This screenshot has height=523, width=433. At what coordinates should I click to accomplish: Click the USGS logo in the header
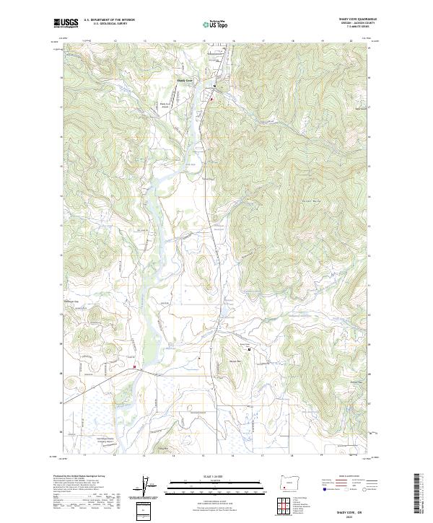(66, 23)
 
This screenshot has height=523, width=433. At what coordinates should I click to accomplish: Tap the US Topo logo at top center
(216, 23)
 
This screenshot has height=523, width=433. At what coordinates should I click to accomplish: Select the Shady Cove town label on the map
(185, 80)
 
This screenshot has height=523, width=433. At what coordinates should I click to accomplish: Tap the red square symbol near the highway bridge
(134, 366)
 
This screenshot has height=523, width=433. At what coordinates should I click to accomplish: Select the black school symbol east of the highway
(250, 349)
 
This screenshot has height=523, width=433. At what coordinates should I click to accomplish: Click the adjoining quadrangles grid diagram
(288, 506)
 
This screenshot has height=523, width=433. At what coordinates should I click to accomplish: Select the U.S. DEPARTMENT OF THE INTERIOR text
(109, 20)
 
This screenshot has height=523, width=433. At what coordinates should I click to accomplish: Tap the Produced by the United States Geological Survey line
(76, 477)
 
